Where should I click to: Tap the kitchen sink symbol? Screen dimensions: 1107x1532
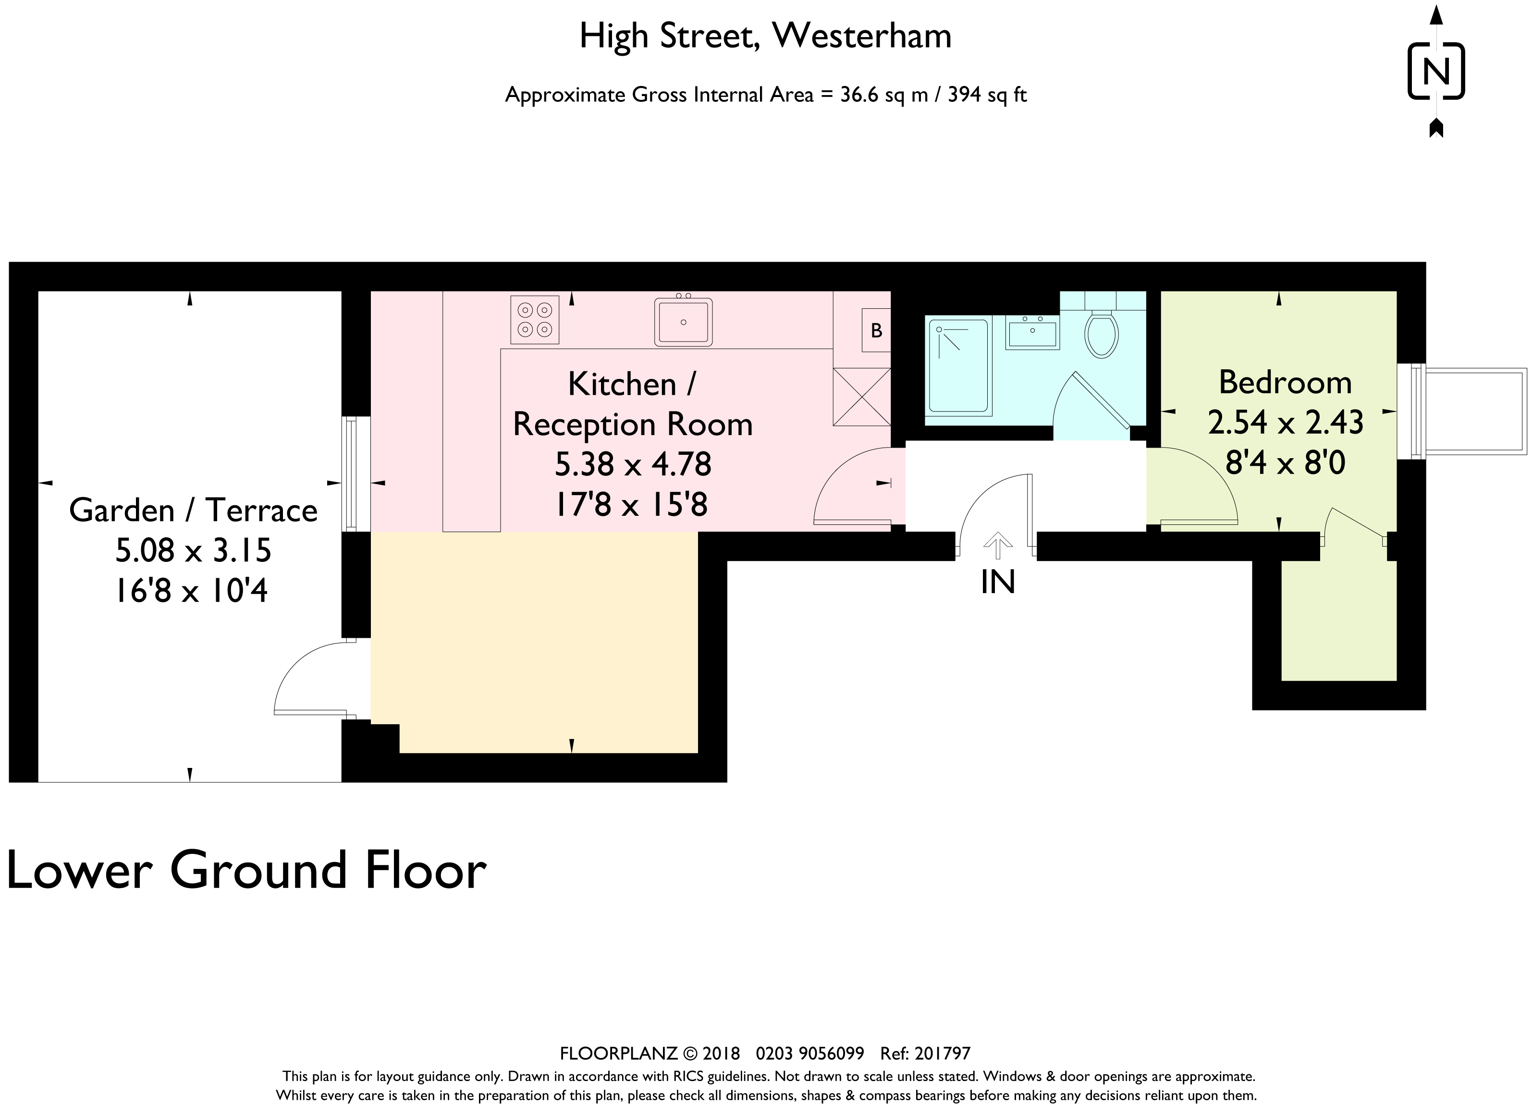tap(683, 322)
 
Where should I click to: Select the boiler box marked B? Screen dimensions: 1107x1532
tap(876, 330)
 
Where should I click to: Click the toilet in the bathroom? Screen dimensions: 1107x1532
tap(1101, 334)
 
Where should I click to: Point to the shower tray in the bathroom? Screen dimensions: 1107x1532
tap(958, 367)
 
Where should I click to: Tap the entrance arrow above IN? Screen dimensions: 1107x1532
tap(998, 545)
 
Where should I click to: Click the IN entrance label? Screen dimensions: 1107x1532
tap(998, 582)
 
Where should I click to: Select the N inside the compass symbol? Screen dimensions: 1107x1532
tap(1436, 71)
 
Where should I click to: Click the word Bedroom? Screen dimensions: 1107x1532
tap(1285, 383)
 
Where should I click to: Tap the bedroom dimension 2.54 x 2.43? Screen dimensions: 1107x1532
tap(1285, 423)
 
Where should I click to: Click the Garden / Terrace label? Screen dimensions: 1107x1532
tap(193, 510)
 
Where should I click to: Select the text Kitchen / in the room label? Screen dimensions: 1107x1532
tap(632, 384)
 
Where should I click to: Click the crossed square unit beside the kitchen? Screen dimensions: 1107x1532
tap(861, 397)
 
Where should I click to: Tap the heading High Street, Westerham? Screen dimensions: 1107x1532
tap(765, 36)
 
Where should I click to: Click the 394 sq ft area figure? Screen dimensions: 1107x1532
tap(987, 95)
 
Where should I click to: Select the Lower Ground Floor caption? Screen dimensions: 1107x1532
tap(246, 871)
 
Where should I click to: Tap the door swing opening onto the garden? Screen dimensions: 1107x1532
tap(314, 678)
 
